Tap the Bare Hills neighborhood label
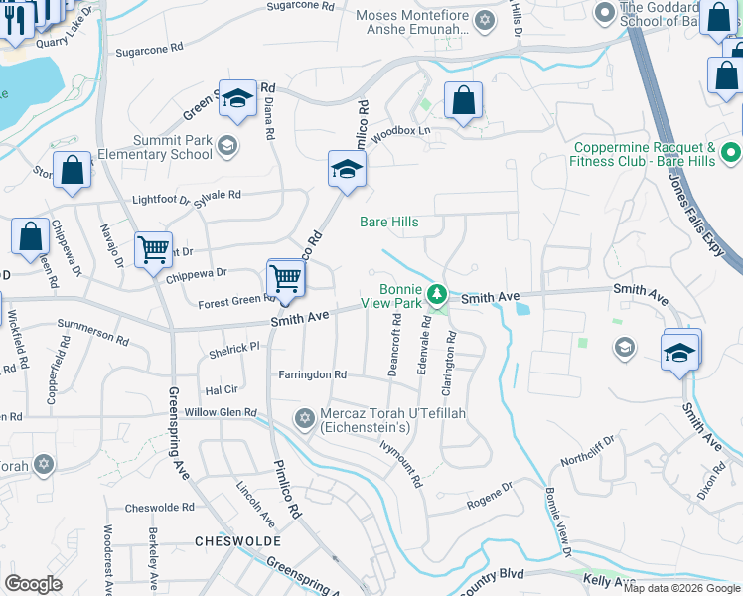click(389, 222)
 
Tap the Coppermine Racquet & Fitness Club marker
click(731, 154)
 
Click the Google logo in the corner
click(33, 584)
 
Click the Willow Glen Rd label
click(221, 412)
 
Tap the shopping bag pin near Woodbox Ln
click(463, 100)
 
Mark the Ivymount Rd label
click(401, 464)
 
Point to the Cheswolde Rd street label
click(160, 508)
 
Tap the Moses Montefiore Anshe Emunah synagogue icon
click(485, 20)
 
